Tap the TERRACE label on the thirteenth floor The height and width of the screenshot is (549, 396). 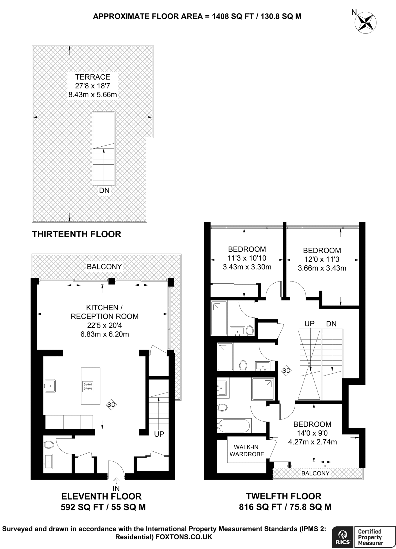point(93,77)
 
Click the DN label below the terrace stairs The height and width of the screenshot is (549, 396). point(104,190)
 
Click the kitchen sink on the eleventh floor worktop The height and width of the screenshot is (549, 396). point(50,386)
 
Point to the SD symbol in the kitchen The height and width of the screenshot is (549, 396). point(111,405)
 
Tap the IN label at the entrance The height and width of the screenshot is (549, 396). point(116,488)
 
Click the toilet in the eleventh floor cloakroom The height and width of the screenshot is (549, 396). point(49,445)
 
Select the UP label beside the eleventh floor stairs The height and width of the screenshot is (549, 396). point(159,434)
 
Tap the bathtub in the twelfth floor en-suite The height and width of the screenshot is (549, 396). point(234,425)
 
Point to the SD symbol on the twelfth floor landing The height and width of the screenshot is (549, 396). point(286,371)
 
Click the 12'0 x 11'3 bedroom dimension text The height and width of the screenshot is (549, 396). point(322,259)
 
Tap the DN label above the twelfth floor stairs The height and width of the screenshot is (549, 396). point(331,324)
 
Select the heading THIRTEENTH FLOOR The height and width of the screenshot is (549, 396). point(77,234)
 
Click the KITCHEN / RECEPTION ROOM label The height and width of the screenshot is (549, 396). point(104,312)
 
